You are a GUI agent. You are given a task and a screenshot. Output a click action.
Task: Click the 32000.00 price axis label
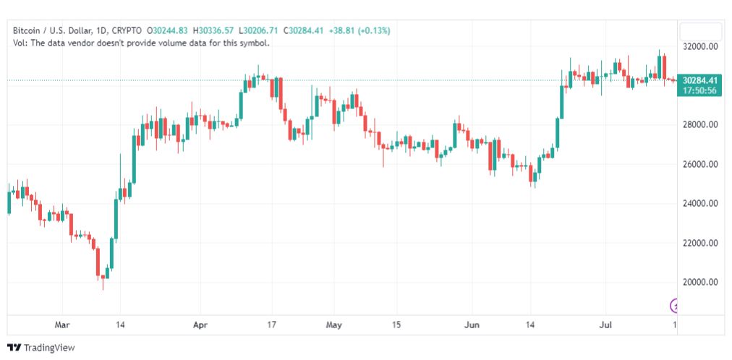pyautogui.click(x=700, y=46)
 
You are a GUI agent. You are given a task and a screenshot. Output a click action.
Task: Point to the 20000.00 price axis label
pyautogui.click(x=700, y=282)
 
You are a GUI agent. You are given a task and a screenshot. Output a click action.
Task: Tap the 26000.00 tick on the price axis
pyautogui.click(x=700, y=164)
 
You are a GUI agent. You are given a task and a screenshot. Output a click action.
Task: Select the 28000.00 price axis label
pyautogui.click(x=700, y=125)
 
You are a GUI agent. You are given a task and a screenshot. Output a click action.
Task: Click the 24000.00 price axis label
pyautogui.click(x=700, y=203)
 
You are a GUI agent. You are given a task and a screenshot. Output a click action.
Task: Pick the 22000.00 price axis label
pyautogui.click(x=700, y=243)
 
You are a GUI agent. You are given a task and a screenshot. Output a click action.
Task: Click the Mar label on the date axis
pyautogui.click(x=62, y=325)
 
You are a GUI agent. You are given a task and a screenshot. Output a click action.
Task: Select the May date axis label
pyautogui.click(x=333, y=325)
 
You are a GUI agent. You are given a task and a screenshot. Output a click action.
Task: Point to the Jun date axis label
pyautogui.click(x=472, y=325)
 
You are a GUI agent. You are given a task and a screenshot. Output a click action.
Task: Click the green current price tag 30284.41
pyautogui.click(x=700, y=80)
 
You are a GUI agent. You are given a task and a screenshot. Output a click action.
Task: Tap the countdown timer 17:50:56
pyautogui.click(x=700, y=90)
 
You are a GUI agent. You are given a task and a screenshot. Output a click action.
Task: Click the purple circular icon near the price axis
pyautogui.click(x=675, y=305)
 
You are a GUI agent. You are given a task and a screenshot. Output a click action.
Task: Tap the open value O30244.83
pyautogui.click(x=168, y=30)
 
